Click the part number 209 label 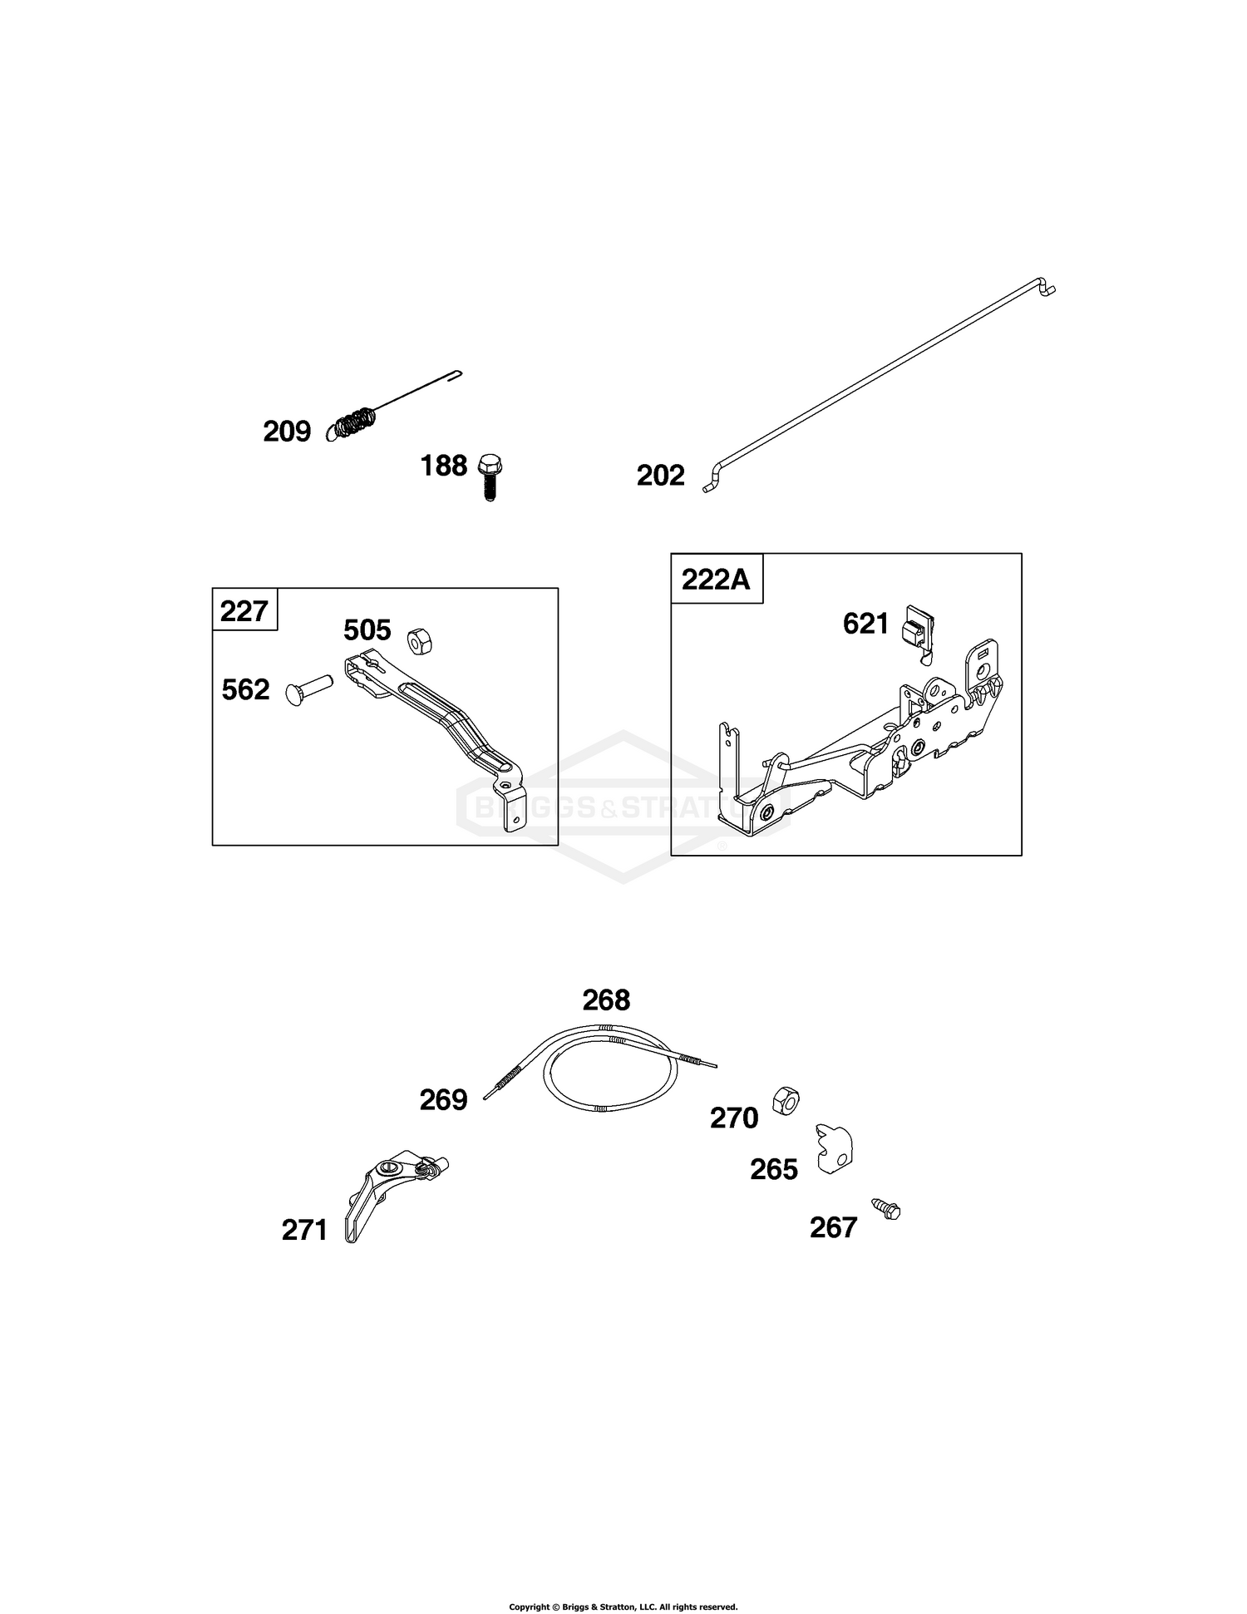click(287, 432)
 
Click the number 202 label click(661, 476)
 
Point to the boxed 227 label click(244, 611)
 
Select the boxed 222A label click(717, 578)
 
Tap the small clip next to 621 click(918, 633)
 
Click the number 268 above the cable click(607, 1000)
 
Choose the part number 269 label click(444, 1100)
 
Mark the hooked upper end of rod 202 click(1046, 285)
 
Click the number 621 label click(866, 624)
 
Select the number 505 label click(367, 630)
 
